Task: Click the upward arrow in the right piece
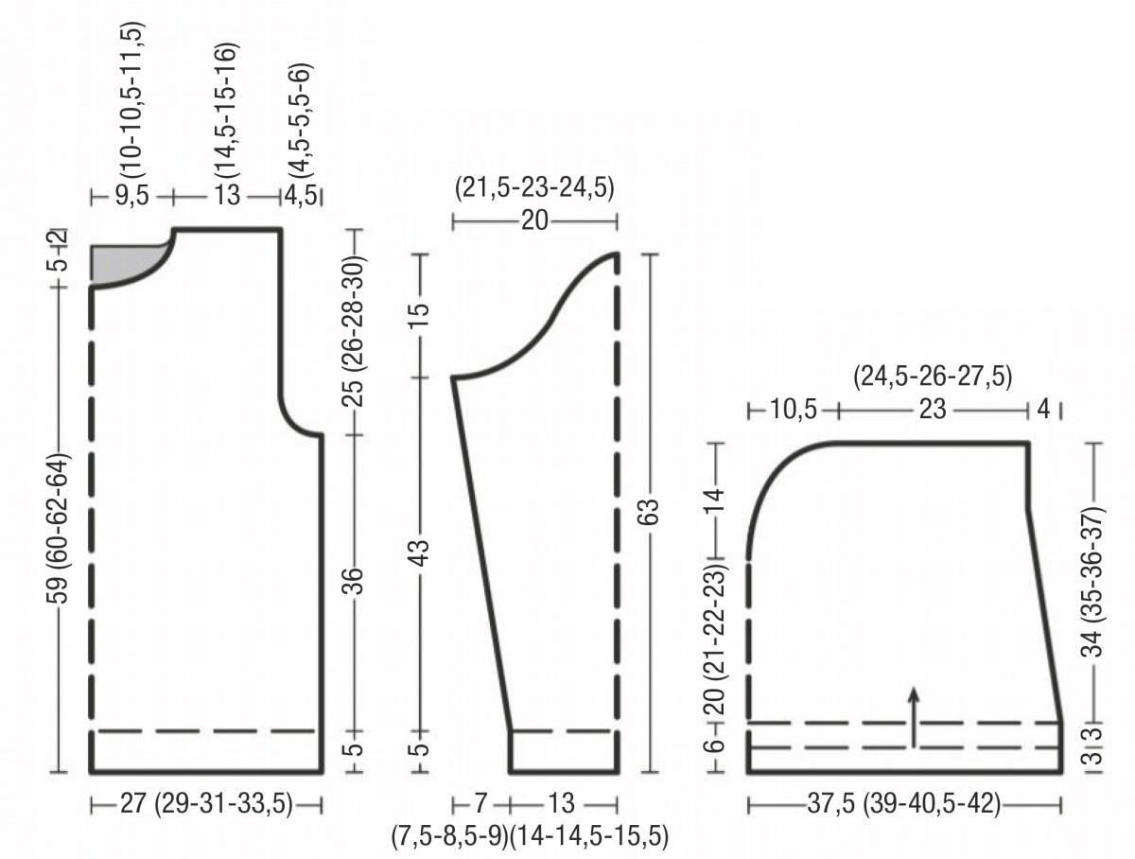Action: (x=914, y=717)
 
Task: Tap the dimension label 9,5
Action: (x=131, y=196)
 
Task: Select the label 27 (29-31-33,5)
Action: (x=206, y=804)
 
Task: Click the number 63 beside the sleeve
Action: (x=651, y=512)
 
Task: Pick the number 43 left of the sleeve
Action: (x=421, y=552)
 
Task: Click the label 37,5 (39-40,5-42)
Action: (x=903, y=804)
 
